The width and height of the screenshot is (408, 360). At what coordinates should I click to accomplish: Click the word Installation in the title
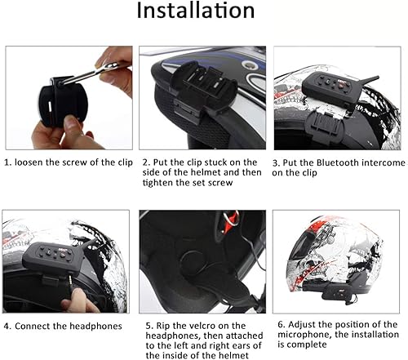click(x=195, y=11)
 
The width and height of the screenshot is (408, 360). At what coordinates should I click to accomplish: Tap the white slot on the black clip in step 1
click(x=50, y=107)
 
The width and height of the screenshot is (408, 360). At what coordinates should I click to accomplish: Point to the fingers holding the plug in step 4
click(x=77, y=300)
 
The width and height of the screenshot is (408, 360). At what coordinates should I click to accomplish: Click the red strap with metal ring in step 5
click(x=231, y=219)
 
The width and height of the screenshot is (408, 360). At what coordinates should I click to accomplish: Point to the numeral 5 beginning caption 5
click(x=149, y=326)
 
